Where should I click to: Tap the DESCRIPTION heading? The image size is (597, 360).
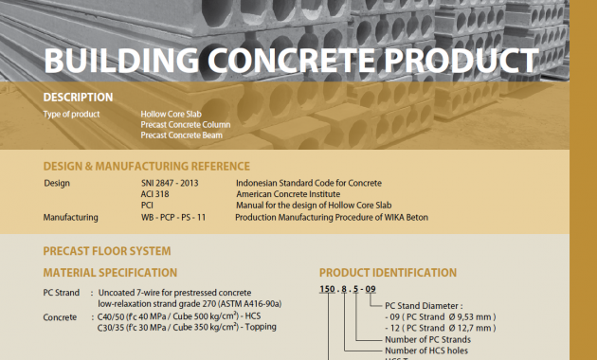tap(78, 97)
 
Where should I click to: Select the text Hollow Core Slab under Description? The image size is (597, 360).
tap(171, 114)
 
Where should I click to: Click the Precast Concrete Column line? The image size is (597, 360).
tap(186, 124)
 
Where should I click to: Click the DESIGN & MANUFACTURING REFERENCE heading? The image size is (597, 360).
tap(147, 166)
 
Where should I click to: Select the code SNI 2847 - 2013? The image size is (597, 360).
tap(172, 183)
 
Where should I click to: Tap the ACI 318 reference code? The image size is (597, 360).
tap(155, 194)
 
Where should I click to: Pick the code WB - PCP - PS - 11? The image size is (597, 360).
tap(173, 217)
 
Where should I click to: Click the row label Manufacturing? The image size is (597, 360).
tap(71, 217)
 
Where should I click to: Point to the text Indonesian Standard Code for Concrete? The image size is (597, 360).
tap(309, 183)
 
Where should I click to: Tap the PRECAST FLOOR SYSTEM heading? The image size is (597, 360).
tap(107, 251)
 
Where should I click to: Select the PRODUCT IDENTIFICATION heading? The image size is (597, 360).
tap(388, 273)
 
